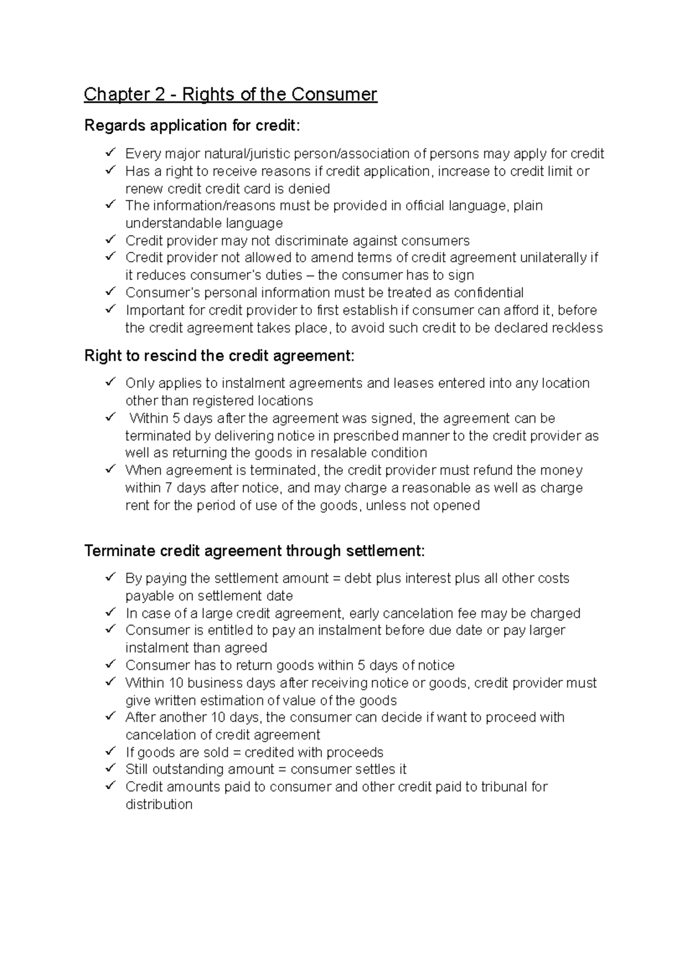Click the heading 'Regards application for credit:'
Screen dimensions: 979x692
(192, 126)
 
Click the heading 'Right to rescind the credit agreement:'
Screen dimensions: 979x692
(219, 356)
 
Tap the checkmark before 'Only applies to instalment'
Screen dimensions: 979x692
(110, 382)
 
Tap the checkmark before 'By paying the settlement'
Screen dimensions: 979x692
(110, 577)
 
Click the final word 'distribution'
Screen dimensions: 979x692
(159, 805)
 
